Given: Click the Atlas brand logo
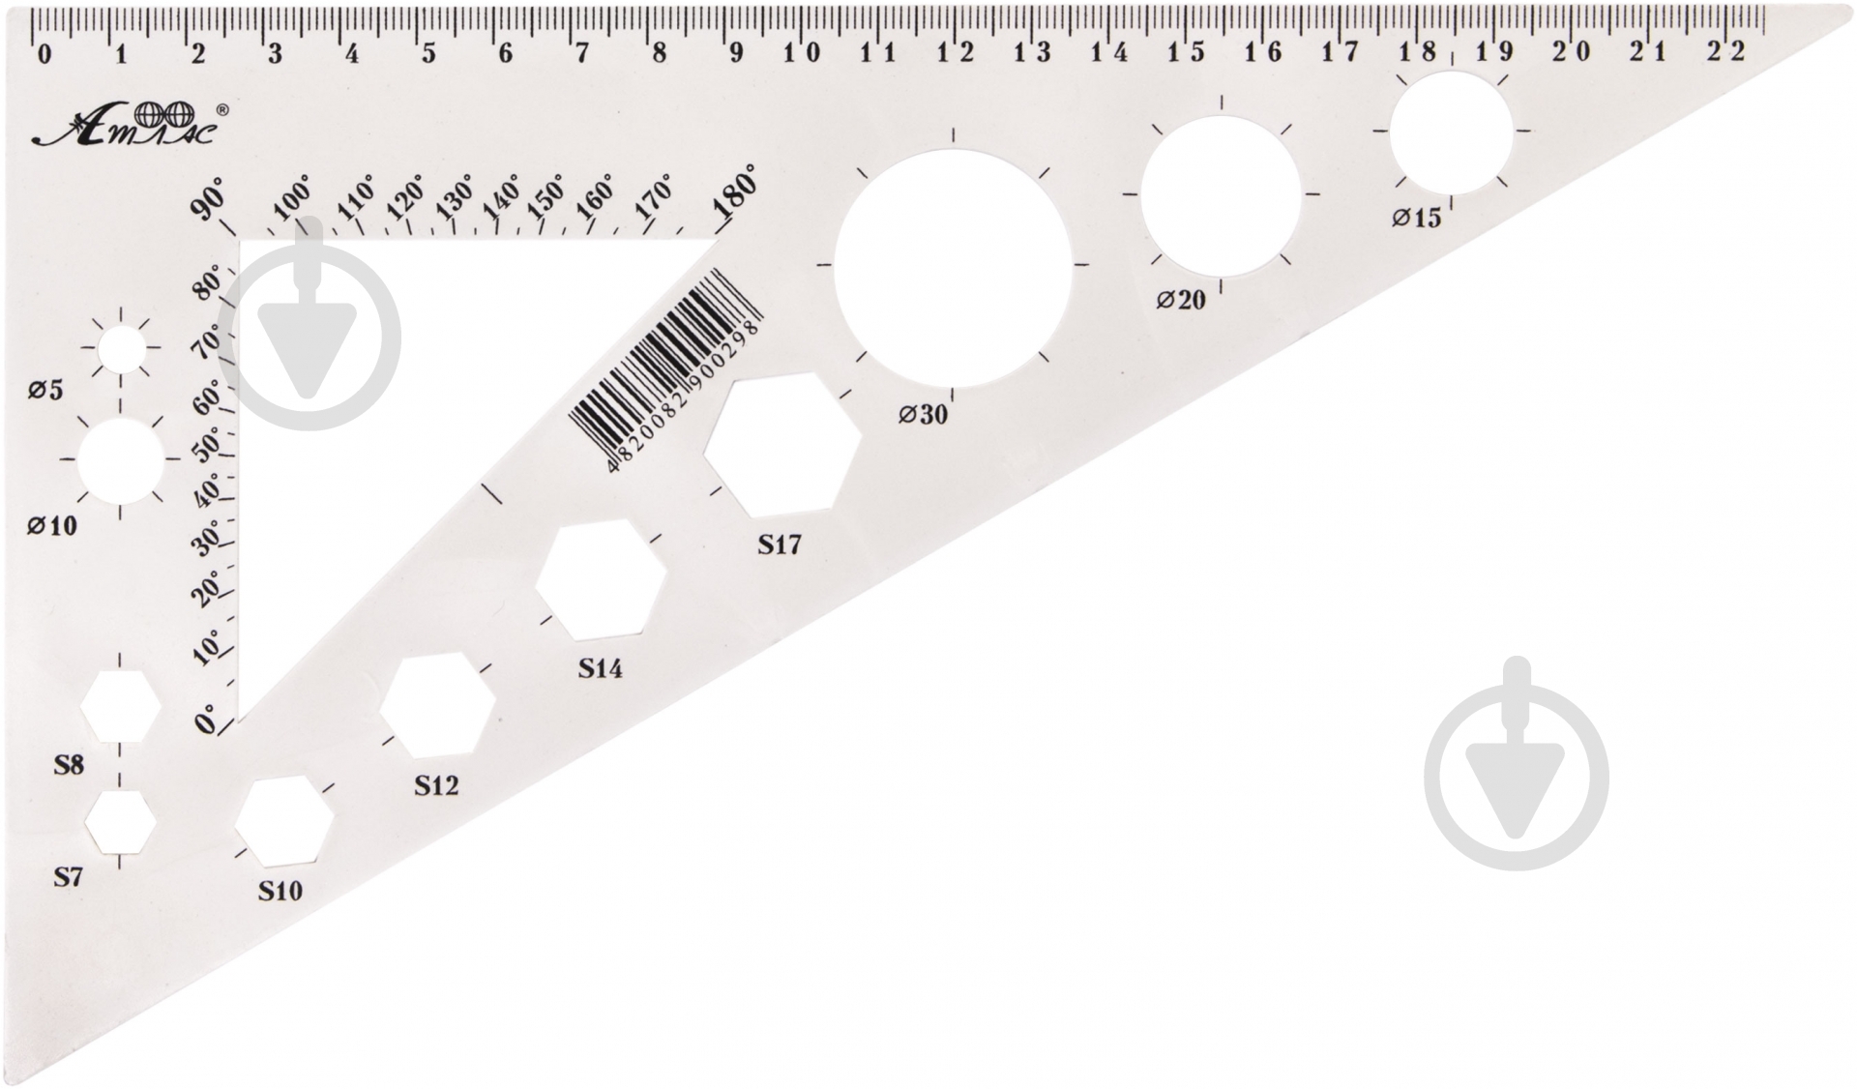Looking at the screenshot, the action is pos(132,125).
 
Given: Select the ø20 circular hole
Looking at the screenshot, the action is pos(1221,195).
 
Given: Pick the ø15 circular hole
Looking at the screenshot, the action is pos(1451,132).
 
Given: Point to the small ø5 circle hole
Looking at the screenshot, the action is pos(121,350).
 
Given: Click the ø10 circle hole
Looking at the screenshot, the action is pos(121,460).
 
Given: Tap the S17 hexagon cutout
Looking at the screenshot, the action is pos(782,445).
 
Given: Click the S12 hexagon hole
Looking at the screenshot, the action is pos(437,706).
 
